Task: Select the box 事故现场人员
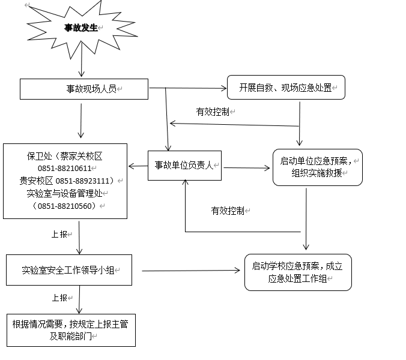click(x=84, y=89)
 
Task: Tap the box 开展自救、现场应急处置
click(x=286, y=88)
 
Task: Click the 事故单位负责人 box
click(x=184, y=166)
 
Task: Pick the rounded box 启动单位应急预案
click(x=317, y=167)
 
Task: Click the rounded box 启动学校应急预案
click(x=298, y=272)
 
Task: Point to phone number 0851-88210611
click(x=65, y=169)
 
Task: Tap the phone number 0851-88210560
click(x=65, y=206)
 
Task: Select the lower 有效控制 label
click(x=227, y=211)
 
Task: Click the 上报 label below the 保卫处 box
click(x=59, y=234)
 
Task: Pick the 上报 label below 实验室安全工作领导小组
click(x=59, y=298)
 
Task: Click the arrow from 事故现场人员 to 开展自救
click(x=187, y=89)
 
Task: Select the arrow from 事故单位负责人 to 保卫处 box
click(x=138, y=166)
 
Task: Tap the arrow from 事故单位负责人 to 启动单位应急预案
click(x=247, y=167)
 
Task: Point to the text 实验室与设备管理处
click(x=65, y=193)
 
